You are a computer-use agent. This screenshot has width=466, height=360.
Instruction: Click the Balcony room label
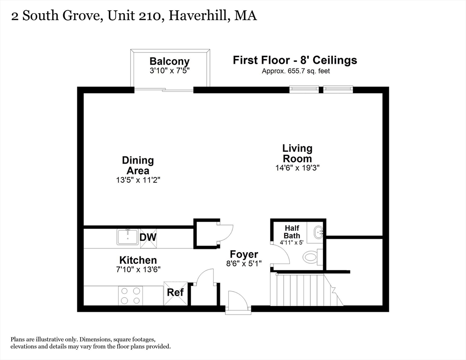pyautogui.click(x=169, y=61)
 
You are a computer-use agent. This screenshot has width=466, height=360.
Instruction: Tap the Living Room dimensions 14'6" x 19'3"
pyautogui.click(x=297, y=168)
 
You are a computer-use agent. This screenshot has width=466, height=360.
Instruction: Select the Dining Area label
pyautogui.click(x=138, y=165)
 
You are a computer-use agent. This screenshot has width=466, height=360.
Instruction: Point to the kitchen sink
pyautogui.click(x=128, y=237)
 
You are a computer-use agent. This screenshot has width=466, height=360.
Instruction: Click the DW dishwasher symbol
pyautogui.click(x=148, y=238)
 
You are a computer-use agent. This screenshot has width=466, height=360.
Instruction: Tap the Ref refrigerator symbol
pyautogui.click(x=175, y=293)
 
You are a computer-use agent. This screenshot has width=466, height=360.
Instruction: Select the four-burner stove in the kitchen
pyautogui.click(x=130, y=295)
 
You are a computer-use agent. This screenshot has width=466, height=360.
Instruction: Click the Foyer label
pyautogui.click(x=244, y=255)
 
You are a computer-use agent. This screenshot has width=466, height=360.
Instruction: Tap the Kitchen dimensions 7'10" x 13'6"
pyautogui.click(x=138, y=270)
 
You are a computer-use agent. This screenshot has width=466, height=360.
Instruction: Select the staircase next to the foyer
pyautogui.click(x=306, y=290)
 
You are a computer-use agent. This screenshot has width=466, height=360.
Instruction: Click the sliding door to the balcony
pyautogui.click(x=164, y=90)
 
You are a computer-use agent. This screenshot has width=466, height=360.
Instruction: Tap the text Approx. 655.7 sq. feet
pyautogui.click(x=296, y=71)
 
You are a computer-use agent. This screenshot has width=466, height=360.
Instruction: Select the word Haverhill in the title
pyautogui.click(x=198, y=15)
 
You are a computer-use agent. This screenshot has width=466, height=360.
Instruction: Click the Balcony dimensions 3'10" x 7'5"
pyautogui.click(x=169, y=70)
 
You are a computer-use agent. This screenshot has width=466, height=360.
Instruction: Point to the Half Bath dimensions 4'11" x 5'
pyautogui.click(x=292, y=242)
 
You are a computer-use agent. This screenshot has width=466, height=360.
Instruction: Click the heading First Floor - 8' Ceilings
pyautogui.click(x=295, y=60)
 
